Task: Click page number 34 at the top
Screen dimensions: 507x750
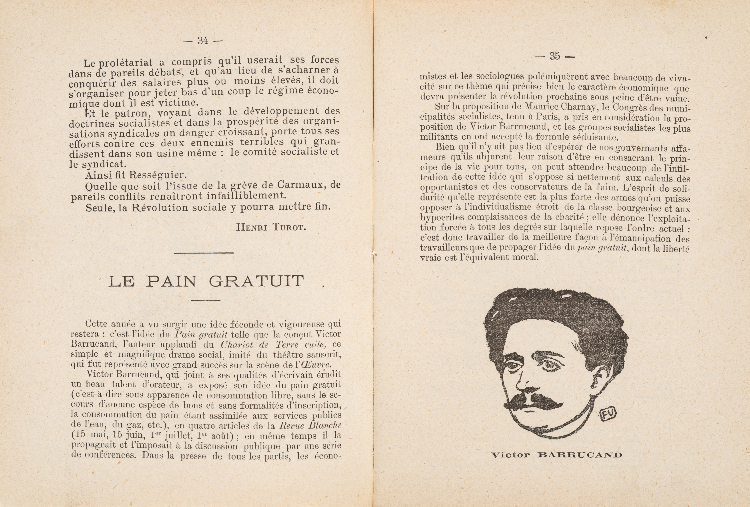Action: click(203, 41)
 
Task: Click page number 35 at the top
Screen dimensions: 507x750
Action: click(555, 56)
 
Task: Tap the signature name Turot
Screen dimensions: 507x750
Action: click(289, 227)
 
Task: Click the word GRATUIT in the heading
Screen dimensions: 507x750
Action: click(256, 282)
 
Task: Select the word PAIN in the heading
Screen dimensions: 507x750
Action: click(171, 282)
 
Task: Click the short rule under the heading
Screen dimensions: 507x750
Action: click(205, 300)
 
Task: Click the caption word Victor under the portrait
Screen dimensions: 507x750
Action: click(510, 455)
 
